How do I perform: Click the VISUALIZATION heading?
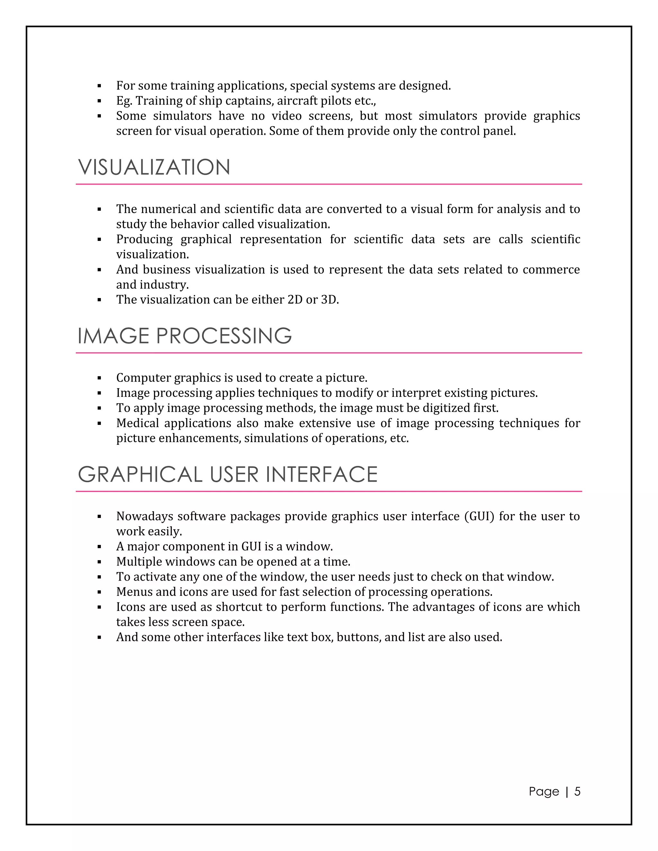pyautogui.click(x=154, y=168)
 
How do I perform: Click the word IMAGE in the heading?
pyautogui.click(x=113, y=336)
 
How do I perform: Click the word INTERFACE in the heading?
pyautogui.click(x=322, y=475)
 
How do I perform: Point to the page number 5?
pyautogui.click(x=577, y=791)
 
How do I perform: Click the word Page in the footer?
pyautogui.click(x=544, y=791)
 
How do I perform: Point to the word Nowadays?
pyautogui.click(x=144, y=516)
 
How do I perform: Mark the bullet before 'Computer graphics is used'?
pyautogui.click(x=99, y=378)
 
